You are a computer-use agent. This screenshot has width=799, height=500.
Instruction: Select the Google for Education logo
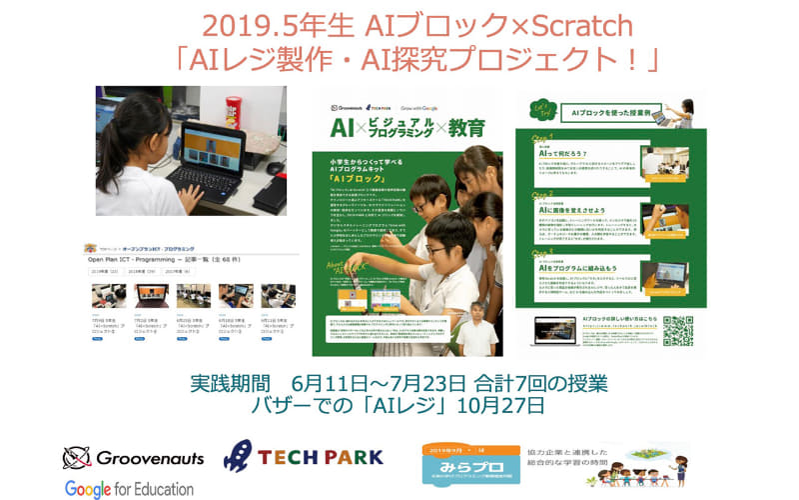click(x=129, y=488)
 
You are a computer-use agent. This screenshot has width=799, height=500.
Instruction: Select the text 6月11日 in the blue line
click(x=325, y=384)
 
